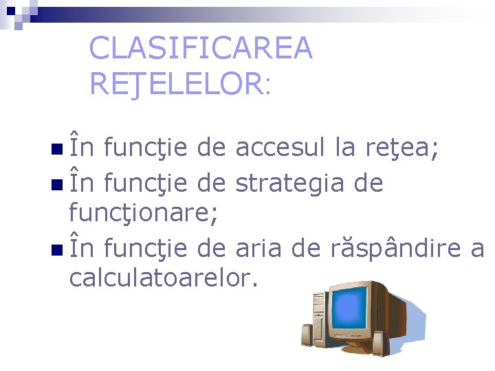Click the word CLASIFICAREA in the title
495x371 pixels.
point(201,48)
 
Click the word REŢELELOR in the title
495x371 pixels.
point(175,84)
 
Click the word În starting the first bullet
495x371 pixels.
point(83,146)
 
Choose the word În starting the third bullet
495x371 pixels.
point(83,247)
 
